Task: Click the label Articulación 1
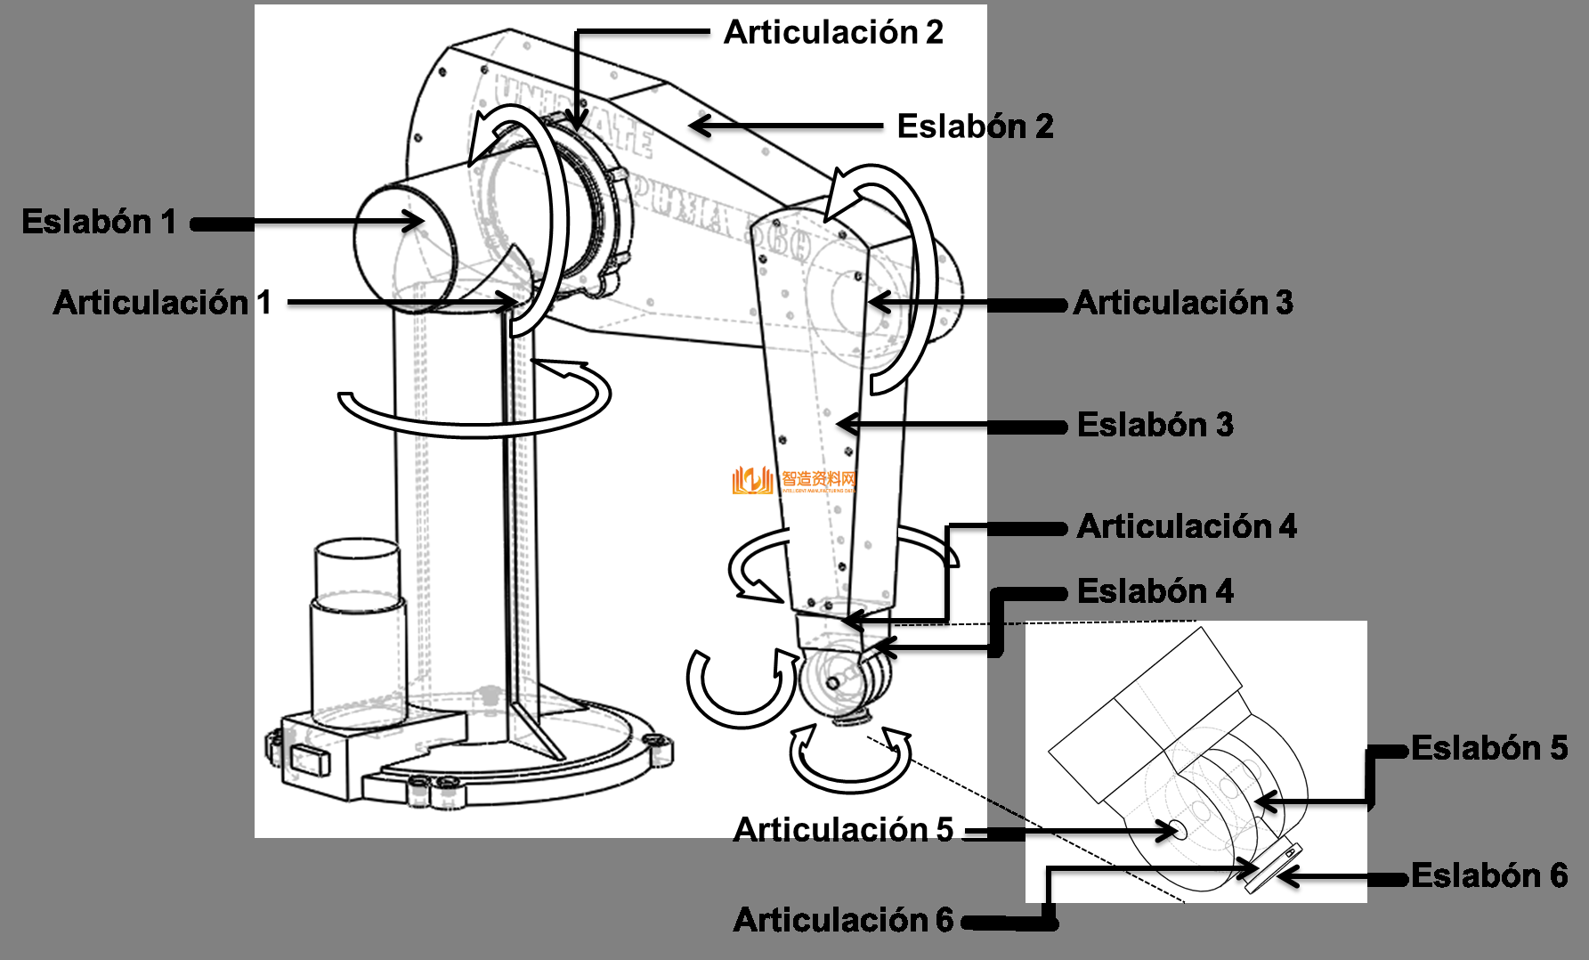[x=161, y=303]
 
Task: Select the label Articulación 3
[x=1182, y=303]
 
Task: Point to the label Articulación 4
[x=1186, y=526]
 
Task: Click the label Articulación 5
[x=842, y=830]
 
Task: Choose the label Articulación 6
[x=842, y=920]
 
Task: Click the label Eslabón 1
[x=99, y=222]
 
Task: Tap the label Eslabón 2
[x=975, y=126]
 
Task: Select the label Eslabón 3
[x=1155, y=425]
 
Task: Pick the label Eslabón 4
[x=1155, y=591]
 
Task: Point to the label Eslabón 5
[x=1488, y=748]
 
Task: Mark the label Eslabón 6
[x=1488, y=875]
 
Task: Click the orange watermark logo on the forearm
[x=752, y=481]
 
